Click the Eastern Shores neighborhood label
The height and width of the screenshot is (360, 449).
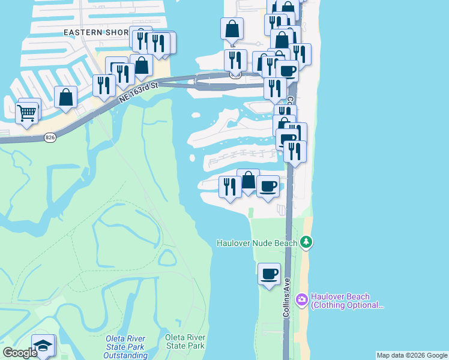click(x=96, y=31)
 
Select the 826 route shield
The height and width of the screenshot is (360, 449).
click(x=50, y=137)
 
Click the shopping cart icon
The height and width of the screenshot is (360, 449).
click(x=26, y=112)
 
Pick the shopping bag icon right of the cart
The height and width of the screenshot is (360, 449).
click(x=65, y=98)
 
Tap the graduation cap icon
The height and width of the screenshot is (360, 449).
click(x=43, y=346)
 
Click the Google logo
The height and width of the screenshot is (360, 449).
click(x=20, y=353)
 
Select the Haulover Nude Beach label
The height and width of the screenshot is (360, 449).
click(x=257, y=243)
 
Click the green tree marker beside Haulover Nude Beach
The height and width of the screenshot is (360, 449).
click(x=307, y=242)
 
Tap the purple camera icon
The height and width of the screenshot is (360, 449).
click(x=302, y=298)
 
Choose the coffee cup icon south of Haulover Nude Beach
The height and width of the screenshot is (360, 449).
click(x=269, y=275)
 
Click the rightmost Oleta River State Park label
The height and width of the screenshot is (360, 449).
click(x=185, y=341)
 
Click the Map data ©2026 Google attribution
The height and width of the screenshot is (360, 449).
click(x=412, y=355)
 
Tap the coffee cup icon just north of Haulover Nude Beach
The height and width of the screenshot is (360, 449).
click(x=268, y=187)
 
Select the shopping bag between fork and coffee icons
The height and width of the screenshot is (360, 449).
click(x=248, y=180)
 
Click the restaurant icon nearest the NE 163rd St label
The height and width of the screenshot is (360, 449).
click(x=104, y=86)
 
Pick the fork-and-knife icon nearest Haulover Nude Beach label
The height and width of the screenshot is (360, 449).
click(x=229, y=187)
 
